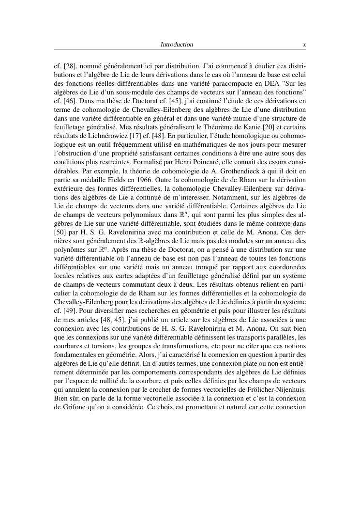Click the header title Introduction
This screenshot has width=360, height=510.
click(x=177, y=45)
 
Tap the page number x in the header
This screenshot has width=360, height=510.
click(x=304, y=45)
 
